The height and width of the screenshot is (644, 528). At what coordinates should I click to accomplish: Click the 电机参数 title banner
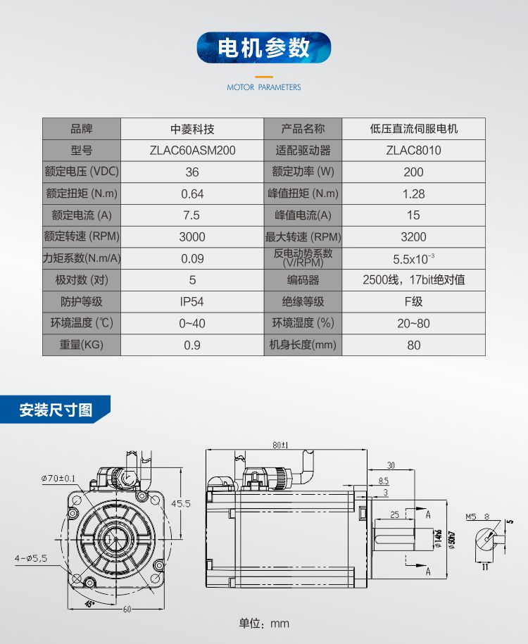pos(263,48)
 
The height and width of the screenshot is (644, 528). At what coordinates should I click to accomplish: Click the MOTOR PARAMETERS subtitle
pos(263,87)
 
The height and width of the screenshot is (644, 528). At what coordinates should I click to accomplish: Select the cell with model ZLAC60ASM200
pos(192,151)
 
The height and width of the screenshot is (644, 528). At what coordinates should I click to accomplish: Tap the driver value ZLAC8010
pos(413,151)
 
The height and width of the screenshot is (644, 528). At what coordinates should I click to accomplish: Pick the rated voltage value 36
pos(192,172)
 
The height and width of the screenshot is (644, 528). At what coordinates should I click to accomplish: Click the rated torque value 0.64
pos(192,194)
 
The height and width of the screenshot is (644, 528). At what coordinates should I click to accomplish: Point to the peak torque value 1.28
pos(413,194)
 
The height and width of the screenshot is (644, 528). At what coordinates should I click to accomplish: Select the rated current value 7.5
pos(192,215)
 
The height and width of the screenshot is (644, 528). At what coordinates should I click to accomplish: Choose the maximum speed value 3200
pos(413,237)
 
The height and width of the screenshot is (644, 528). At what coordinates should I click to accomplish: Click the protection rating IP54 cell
pos(192,302)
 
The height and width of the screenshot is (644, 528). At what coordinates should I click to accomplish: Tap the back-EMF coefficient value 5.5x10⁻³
pos(413,258)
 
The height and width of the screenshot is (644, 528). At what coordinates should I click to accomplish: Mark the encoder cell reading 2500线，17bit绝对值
pos(413,280)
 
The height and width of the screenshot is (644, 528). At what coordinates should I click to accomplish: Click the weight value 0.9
pos(192,345)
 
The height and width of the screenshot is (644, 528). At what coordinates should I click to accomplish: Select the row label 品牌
pos(82,129)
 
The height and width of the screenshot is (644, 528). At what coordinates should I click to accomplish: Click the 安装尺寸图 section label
pos(56,410)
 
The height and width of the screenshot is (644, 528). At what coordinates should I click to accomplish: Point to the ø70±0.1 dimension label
pos(58,479)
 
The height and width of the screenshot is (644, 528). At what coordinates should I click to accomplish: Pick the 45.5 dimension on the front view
pos(182,504)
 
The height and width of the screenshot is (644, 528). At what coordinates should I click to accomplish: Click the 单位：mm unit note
pos(264,624)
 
